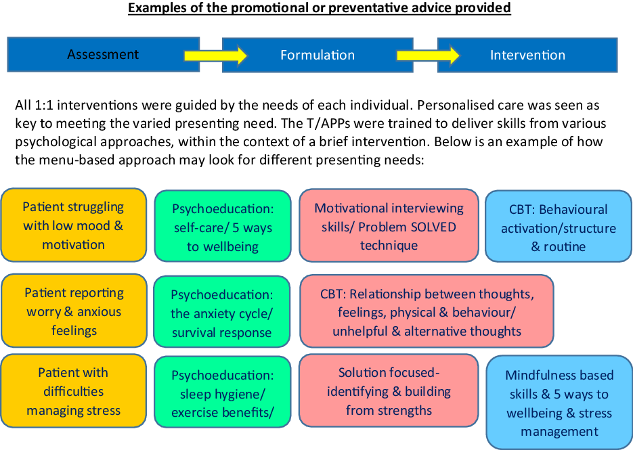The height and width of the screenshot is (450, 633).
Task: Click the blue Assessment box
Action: click(103, 55)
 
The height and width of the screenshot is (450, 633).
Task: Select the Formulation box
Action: click(318, 55)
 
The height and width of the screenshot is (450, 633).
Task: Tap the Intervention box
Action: click(527, 55)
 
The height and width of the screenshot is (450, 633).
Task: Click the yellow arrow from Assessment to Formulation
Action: click(216, 55)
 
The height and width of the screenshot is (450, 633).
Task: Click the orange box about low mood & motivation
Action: click(74, 225)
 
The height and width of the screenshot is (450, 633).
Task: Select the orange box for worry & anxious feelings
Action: click(74, 311)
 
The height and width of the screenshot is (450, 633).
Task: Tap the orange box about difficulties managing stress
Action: click(74, 391)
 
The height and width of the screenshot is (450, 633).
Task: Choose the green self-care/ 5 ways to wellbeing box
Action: click(222, 227)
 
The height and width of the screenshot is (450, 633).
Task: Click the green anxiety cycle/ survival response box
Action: click(222, 313)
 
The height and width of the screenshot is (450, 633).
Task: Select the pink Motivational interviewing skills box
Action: click(389, 226)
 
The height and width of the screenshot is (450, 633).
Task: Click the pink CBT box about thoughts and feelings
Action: click(427, 312)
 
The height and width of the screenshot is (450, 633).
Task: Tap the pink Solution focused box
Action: click(389, 391)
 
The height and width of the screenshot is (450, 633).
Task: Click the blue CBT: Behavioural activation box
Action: click(559, 227)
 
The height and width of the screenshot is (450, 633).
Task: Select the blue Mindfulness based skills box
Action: click(559, 403)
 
